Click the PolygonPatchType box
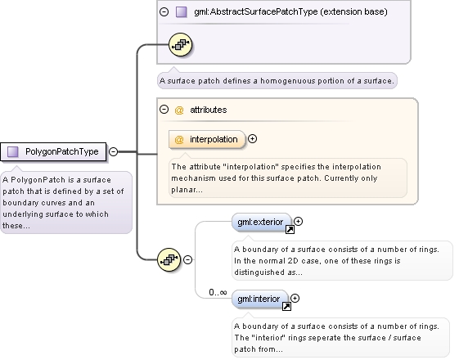click(x=53, y=151)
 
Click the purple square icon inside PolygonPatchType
click(x=13, y=151)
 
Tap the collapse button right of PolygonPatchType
click(x=113, y=151)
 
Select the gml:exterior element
click(x=262, y=223)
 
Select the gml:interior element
click(x=260, y=299)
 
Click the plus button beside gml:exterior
click(x=299, y=222)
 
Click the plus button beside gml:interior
click(x=295, y=299)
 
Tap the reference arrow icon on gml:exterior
click(x=290, y=230)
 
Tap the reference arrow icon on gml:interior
click(x=286, y=307)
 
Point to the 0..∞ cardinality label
click(x=218, y=292)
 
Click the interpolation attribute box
click(x=207, y=139)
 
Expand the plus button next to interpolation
click(x=252, y=139)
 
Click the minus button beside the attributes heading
click(x=164, y=110)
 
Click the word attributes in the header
click(x=209, y=110)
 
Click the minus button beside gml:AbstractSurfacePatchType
click(x=164, y=11)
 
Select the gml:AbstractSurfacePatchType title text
click(x=290, y=11)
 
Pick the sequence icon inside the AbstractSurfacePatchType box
click(x=180, y=45)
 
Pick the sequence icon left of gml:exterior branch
click(x=169, y=259)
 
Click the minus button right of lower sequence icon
click(x=187, y=259)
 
